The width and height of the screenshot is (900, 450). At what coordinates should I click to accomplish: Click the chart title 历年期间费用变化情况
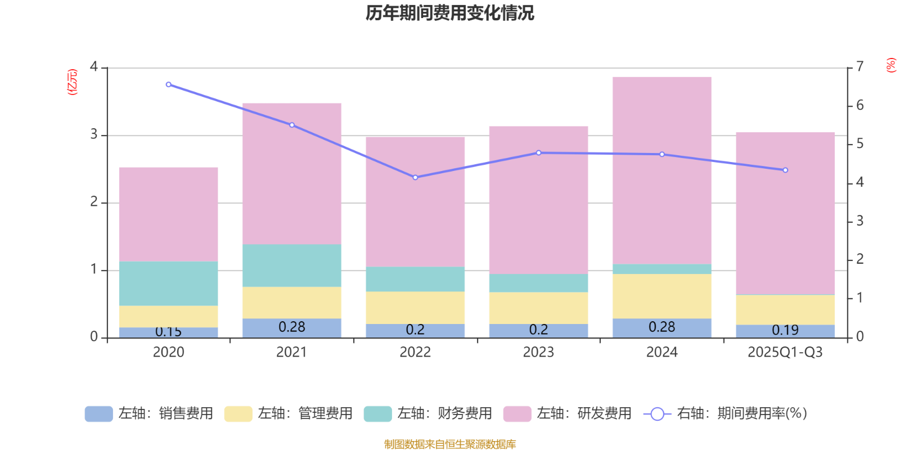tap(449, 12)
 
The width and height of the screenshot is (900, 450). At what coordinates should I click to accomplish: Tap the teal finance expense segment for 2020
tap(169, 283)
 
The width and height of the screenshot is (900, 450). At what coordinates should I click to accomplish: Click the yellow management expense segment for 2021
tap(292, 303)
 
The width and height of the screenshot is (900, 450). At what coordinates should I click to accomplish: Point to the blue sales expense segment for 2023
tap(538, 331)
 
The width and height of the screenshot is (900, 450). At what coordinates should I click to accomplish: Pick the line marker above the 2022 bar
tap(415, 177)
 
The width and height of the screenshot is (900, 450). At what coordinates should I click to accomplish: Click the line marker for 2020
tap(169, 84)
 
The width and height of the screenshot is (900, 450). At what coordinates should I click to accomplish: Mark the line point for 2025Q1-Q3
tap(785, 170)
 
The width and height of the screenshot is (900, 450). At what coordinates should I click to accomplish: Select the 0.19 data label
tap(785, 330)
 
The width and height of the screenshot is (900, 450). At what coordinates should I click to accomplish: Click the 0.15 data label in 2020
tap(169, 332)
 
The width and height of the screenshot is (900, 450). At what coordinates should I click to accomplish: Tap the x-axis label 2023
tap(538, 352)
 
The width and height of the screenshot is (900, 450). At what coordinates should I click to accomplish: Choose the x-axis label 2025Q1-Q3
tap(785, 352)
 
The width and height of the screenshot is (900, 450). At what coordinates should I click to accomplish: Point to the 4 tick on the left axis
tap(94, 67)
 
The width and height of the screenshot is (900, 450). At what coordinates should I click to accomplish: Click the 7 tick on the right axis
tap(859, 67)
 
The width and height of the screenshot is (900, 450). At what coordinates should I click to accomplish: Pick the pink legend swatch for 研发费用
tap(517, 414)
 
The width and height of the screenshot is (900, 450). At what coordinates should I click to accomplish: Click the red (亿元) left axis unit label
tap(72, 82)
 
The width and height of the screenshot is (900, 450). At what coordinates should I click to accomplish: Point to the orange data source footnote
tap(449, 444)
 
